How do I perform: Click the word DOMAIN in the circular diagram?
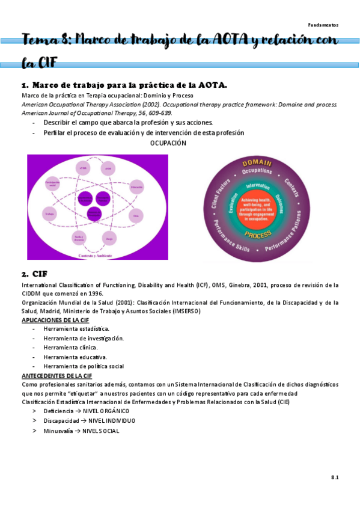tap(257, 163)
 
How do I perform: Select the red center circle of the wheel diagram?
tap(257, 207)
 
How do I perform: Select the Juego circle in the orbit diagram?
tap(109, 239)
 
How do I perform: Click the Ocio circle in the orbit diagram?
tap(136, 214)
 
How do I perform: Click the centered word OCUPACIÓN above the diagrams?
tap(168, 143)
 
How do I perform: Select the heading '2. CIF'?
tap(34, 274)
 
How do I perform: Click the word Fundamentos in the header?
tap(323, 25)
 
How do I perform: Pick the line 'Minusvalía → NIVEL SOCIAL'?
tap(81, 431)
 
